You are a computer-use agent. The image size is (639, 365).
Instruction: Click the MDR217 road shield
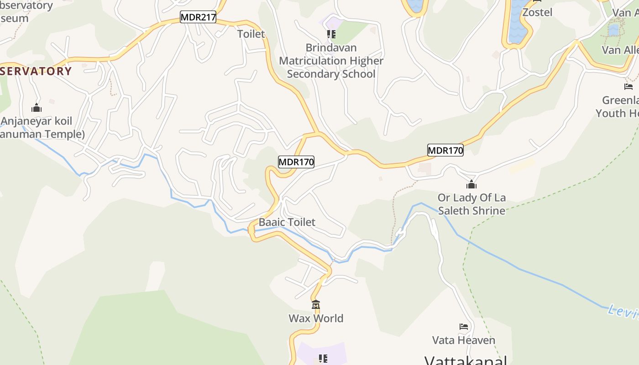coord(198,17)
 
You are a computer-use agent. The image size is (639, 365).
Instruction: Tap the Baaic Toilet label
coord(287,222)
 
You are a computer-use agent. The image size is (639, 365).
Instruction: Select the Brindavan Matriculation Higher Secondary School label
coord(331,61)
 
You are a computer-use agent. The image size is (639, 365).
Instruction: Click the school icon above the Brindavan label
coord(331,34)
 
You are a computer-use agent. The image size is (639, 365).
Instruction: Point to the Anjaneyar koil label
coord(37,122)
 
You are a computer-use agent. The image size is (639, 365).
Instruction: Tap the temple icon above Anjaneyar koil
coord(37,108)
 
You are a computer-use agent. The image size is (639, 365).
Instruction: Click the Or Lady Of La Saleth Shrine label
coord(471,204)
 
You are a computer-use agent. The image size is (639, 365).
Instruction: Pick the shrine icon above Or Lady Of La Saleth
coord(471,184)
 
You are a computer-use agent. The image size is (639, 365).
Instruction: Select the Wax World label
coord(316,318)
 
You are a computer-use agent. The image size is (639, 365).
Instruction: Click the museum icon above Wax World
coord(316,304)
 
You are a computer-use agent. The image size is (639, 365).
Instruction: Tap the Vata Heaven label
coord(464,340)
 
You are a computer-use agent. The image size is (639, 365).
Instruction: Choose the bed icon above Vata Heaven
coord(464,326)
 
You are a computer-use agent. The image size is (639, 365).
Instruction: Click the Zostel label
coord(537,12)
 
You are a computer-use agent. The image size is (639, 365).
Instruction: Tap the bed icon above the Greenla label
coord(629,86)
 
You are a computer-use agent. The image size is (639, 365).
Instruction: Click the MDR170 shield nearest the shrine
coord(445,150)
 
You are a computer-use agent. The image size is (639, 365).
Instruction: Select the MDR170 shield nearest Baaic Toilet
coord(296,162)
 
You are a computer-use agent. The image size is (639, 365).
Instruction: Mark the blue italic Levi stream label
coord(622,312)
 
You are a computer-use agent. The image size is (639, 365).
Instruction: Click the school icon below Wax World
coord(323,359)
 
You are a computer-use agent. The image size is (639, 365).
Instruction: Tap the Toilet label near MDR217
coord(251,34)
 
